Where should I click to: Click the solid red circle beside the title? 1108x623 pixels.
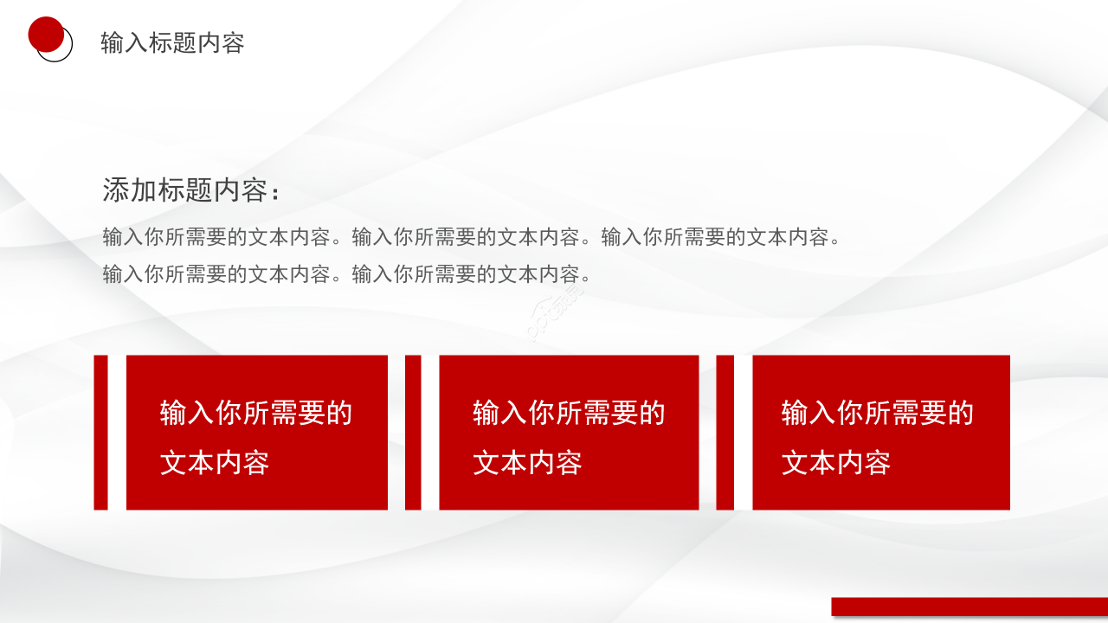[46, 35]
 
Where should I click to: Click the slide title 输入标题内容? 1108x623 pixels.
[172, 43]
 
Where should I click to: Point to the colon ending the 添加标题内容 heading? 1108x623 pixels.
[276, 195]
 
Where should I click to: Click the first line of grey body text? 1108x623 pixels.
[472, 237]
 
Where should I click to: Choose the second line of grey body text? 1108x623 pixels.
[346, 275]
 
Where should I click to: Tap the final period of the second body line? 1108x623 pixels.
[587, 278]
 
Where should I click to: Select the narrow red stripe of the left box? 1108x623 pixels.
[100, 432]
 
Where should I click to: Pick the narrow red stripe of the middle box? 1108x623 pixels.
[413, 432]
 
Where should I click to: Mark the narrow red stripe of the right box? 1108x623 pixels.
[725, 432]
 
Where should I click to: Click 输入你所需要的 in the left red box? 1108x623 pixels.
[256, 414]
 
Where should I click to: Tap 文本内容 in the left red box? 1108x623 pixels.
[215, 463]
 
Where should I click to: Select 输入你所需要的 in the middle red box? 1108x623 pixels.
[569, 414]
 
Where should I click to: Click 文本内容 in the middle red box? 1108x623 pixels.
[527, 463]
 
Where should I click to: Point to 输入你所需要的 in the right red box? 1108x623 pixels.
[878, 414]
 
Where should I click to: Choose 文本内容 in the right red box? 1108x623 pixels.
[836, 463]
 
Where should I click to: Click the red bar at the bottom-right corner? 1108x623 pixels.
[969, 607]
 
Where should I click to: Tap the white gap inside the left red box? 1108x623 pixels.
[117, 432]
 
